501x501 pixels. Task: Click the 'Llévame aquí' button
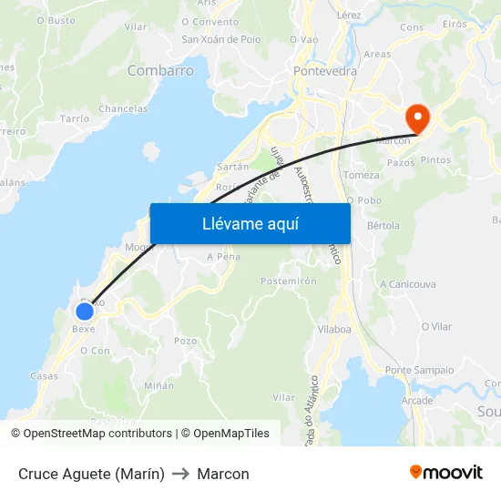tap(250, 223)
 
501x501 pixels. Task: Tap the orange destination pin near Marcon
tap(418, 118)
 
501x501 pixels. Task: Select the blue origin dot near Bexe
tap(84, 312)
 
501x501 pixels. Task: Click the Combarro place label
tap(160, 70)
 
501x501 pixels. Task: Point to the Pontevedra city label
tap(325, 70)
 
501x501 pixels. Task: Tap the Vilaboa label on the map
tap(334, 329)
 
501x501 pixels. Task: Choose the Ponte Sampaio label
tap(419, 370)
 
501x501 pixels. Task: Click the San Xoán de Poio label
tap(222, 39)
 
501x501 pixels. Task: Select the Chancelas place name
tap(123, 109)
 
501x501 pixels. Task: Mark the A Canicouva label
tap(408, 284)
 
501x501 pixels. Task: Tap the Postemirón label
tap(289, 281)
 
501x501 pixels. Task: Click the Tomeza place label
tap(362, 175)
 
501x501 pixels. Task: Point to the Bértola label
tap(383, 225)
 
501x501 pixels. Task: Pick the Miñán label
tap(158, 385)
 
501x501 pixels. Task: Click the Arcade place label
tap(417, 401)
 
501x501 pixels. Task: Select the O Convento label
tap(210, 22)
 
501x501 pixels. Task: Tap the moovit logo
tap(445, 473)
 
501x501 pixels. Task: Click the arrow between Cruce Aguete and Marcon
tap(180, 474)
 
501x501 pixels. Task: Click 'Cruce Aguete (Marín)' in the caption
tap(91, 474)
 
